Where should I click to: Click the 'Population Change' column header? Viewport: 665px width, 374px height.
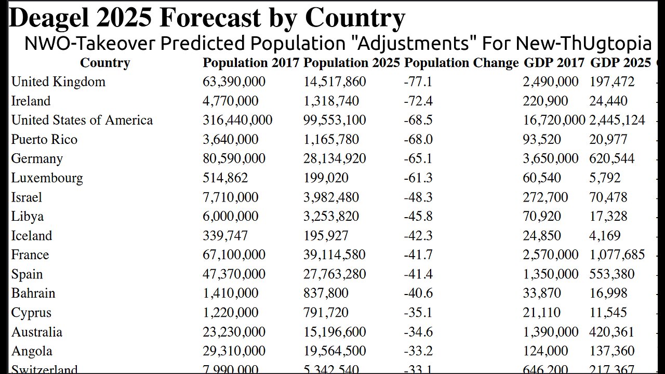(461, 63)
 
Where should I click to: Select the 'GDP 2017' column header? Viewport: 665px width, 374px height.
(554, 63)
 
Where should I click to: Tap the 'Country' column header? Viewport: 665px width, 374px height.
(105, 63)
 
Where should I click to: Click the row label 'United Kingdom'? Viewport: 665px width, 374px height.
(58, 82)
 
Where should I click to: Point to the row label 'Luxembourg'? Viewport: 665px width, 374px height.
(47, 178)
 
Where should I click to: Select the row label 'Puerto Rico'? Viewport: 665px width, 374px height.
(44, 140)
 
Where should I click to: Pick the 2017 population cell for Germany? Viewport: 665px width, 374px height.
(234, 159)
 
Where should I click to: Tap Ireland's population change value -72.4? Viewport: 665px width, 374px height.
(418, 101)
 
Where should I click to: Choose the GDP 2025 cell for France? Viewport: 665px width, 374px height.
(617, 255)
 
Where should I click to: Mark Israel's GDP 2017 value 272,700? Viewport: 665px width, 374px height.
(546, 197)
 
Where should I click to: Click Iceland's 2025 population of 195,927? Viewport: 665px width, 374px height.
(326, 236)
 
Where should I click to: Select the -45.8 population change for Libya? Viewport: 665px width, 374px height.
(418, 217)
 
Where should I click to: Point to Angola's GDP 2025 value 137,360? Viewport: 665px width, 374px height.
(613, 351)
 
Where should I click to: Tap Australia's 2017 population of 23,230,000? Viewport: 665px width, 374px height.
(234, 332)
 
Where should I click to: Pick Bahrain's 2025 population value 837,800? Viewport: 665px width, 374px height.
(326, 293)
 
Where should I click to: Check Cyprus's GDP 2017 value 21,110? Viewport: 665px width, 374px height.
(542, 313)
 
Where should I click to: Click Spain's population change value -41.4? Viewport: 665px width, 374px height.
(418, 274)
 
